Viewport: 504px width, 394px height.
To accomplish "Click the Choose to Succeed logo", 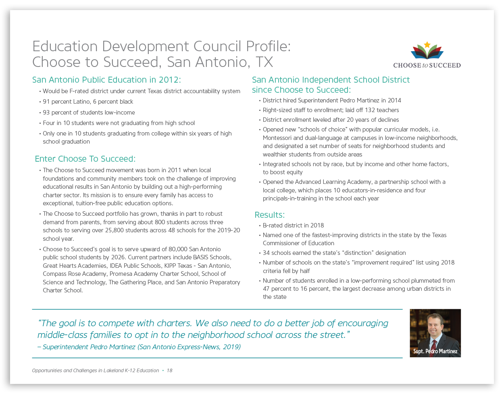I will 427,55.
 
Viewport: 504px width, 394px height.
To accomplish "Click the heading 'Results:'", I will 269,215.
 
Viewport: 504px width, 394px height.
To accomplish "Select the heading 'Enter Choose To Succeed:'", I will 85,159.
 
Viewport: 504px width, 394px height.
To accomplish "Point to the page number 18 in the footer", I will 169,371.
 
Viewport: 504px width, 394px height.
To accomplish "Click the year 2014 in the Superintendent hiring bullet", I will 394,100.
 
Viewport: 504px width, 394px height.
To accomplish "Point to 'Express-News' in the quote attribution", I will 197,347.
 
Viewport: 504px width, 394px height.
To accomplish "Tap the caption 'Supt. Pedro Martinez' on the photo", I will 435,351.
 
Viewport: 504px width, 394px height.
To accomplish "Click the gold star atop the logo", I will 427,44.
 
